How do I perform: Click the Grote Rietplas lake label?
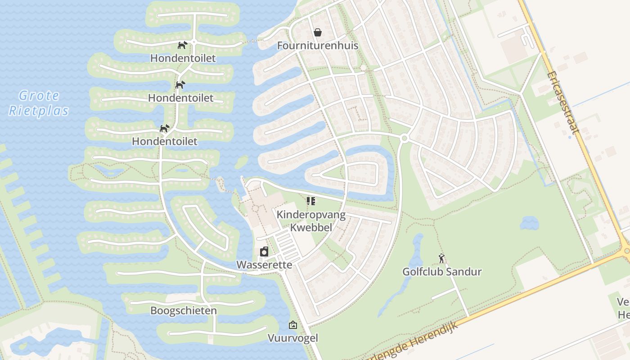pyautogui.click(x=39, y=103)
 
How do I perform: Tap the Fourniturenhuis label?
pyautogui.click(x=318, y=45)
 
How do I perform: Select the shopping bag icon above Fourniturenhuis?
pyautogui.click(x=318, y=32)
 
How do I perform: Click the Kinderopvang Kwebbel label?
pyautogui.click(x=311, y=221)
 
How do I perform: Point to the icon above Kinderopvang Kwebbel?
pyautogui.click(x=311, y=201)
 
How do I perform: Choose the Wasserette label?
pyautogui.click(x=264, y=265)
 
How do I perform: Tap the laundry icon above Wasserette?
pyautogui.click(x=264, y=252)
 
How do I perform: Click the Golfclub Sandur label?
pyautogui.click(x=442, y=272)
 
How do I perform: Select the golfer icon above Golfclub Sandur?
pyautogui.click(x=442, y=258)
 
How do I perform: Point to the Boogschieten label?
pyautogui.click(x=184, y=310)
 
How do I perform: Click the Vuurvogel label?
pyautogui.click(x=293, y=338)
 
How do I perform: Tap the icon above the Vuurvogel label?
pyautogui.click(x=293, y=324)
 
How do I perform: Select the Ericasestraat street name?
pyautogui.click(x=562, y=103)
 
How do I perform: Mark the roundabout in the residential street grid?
pyautogui.click(x=404, y=139)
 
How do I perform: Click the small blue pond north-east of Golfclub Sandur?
pyautogui.click(x=529, y=223)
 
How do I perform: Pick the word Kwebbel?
pyautogui.click(x=311, y=227)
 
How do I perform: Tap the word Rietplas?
pyautogui.click(x=39, y=111)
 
